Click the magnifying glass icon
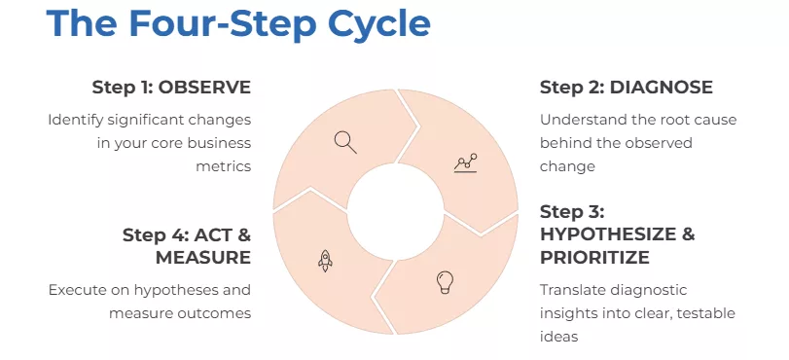click(x=345, y=141)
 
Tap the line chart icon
click(x=465, y=163)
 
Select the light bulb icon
click(x=445, y=282)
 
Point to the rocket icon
click(x=325, y=259)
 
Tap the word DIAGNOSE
click(x=661, y=88)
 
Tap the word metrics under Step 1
click(x=223, y=166)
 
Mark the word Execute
click(x=76, y=290)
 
